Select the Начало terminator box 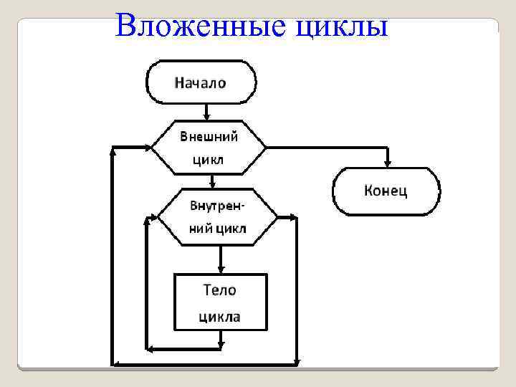tap(201, 82)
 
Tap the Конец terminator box tap(386, 191)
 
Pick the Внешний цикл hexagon tap(208, 147)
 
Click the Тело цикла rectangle tap(220, 302)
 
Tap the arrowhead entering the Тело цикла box tap(221, 267)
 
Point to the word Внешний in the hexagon tap(208, 135)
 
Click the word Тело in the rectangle tap(219, 290)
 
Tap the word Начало tap(200, 82)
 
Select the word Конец tap(386, 191)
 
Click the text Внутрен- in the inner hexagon tap(216, 206)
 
